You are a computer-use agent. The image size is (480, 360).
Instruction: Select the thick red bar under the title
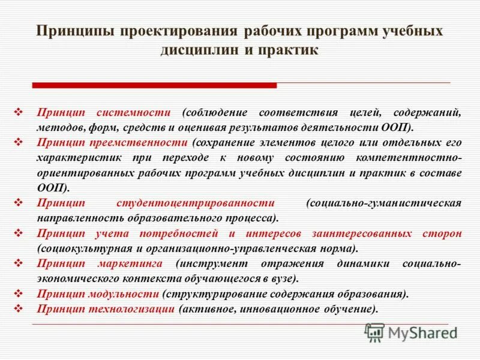[x=154, y=85]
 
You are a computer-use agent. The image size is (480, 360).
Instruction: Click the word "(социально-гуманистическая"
[x=383, y=203]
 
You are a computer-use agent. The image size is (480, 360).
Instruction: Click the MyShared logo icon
[x=375, y=332]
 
